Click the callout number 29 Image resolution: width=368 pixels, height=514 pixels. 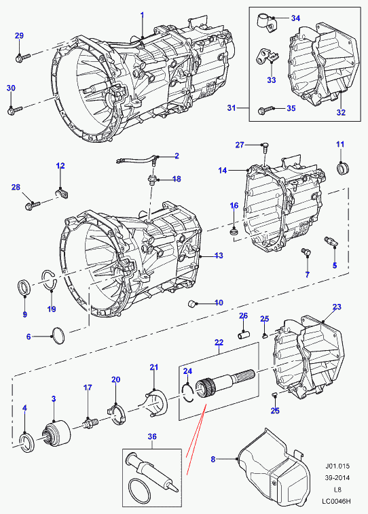(19, 35)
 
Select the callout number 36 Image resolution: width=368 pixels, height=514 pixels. (152, 436)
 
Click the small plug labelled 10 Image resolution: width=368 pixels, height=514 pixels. (192, 303)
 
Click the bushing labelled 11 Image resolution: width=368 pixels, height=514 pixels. (343, 168)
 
